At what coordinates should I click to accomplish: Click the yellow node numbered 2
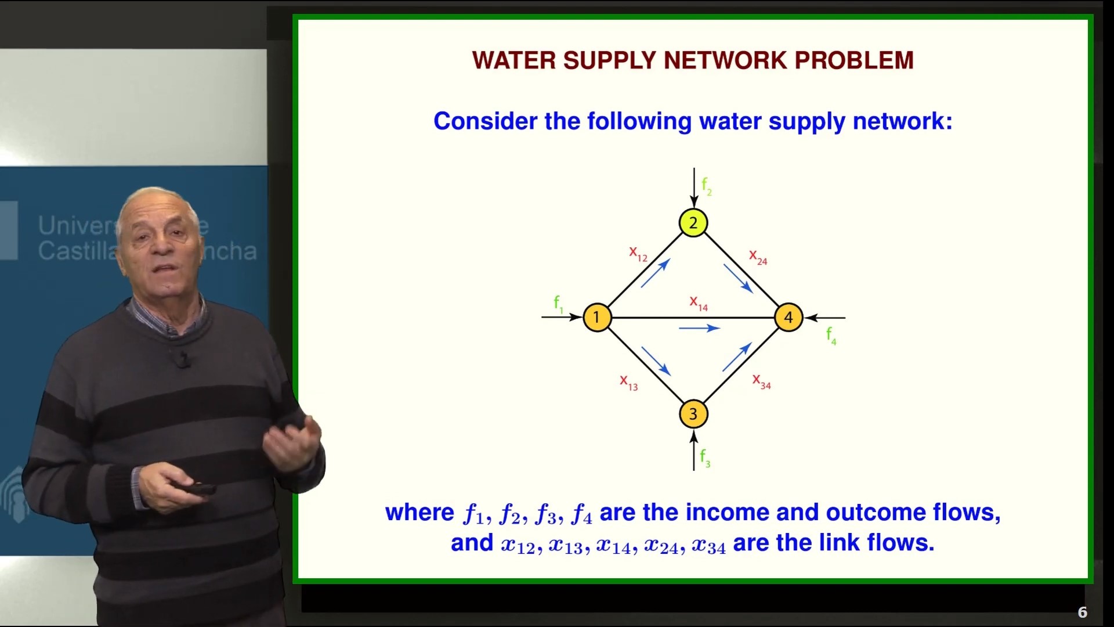pos(693,223)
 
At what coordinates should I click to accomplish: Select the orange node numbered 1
pos(597,318)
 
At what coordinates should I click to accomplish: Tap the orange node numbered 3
pos(693,414)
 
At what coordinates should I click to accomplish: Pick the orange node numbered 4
pos(789,318)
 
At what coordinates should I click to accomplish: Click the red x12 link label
pos(638,254)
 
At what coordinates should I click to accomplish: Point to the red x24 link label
pos(758,257)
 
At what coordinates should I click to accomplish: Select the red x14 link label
pos(699,303)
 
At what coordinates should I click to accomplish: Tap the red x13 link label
pos(629,383)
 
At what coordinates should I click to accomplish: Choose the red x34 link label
pos(761,381)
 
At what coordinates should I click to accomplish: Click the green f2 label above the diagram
pos(707,186)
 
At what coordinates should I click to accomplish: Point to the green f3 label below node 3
pos(705,458)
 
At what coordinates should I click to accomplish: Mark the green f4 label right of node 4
pos(831,336)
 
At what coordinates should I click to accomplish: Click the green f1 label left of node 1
pos(558,304)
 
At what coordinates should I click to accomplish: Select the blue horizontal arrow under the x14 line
pos(699,328)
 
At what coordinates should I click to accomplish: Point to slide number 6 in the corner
pos(1082,612)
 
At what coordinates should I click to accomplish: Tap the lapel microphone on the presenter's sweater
pos(183,360)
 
